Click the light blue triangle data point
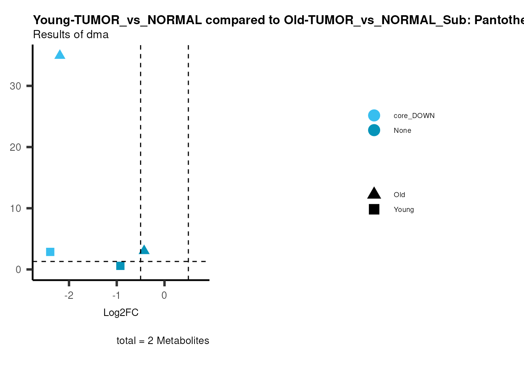[60, 55]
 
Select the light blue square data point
[50, 252]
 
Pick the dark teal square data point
[120, 266]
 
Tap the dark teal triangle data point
[144, 250]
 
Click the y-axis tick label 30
[16, 86]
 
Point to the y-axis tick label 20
[16, 147]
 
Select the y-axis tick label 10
[16, 208]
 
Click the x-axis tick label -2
[69, 295]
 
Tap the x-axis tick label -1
[116, 295]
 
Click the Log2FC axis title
[121, 312]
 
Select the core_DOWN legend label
[414, 116]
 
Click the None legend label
[402, 131]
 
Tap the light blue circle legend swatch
[374, 116]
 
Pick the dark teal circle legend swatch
[374, 130]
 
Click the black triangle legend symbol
[374, 193]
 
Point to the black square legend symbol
[374, 209]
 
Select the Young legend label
[404, 210]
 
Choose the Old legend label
[399, 195]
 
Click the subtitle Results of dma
[71, 35]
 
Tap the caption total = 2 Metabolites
[163, 340]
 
